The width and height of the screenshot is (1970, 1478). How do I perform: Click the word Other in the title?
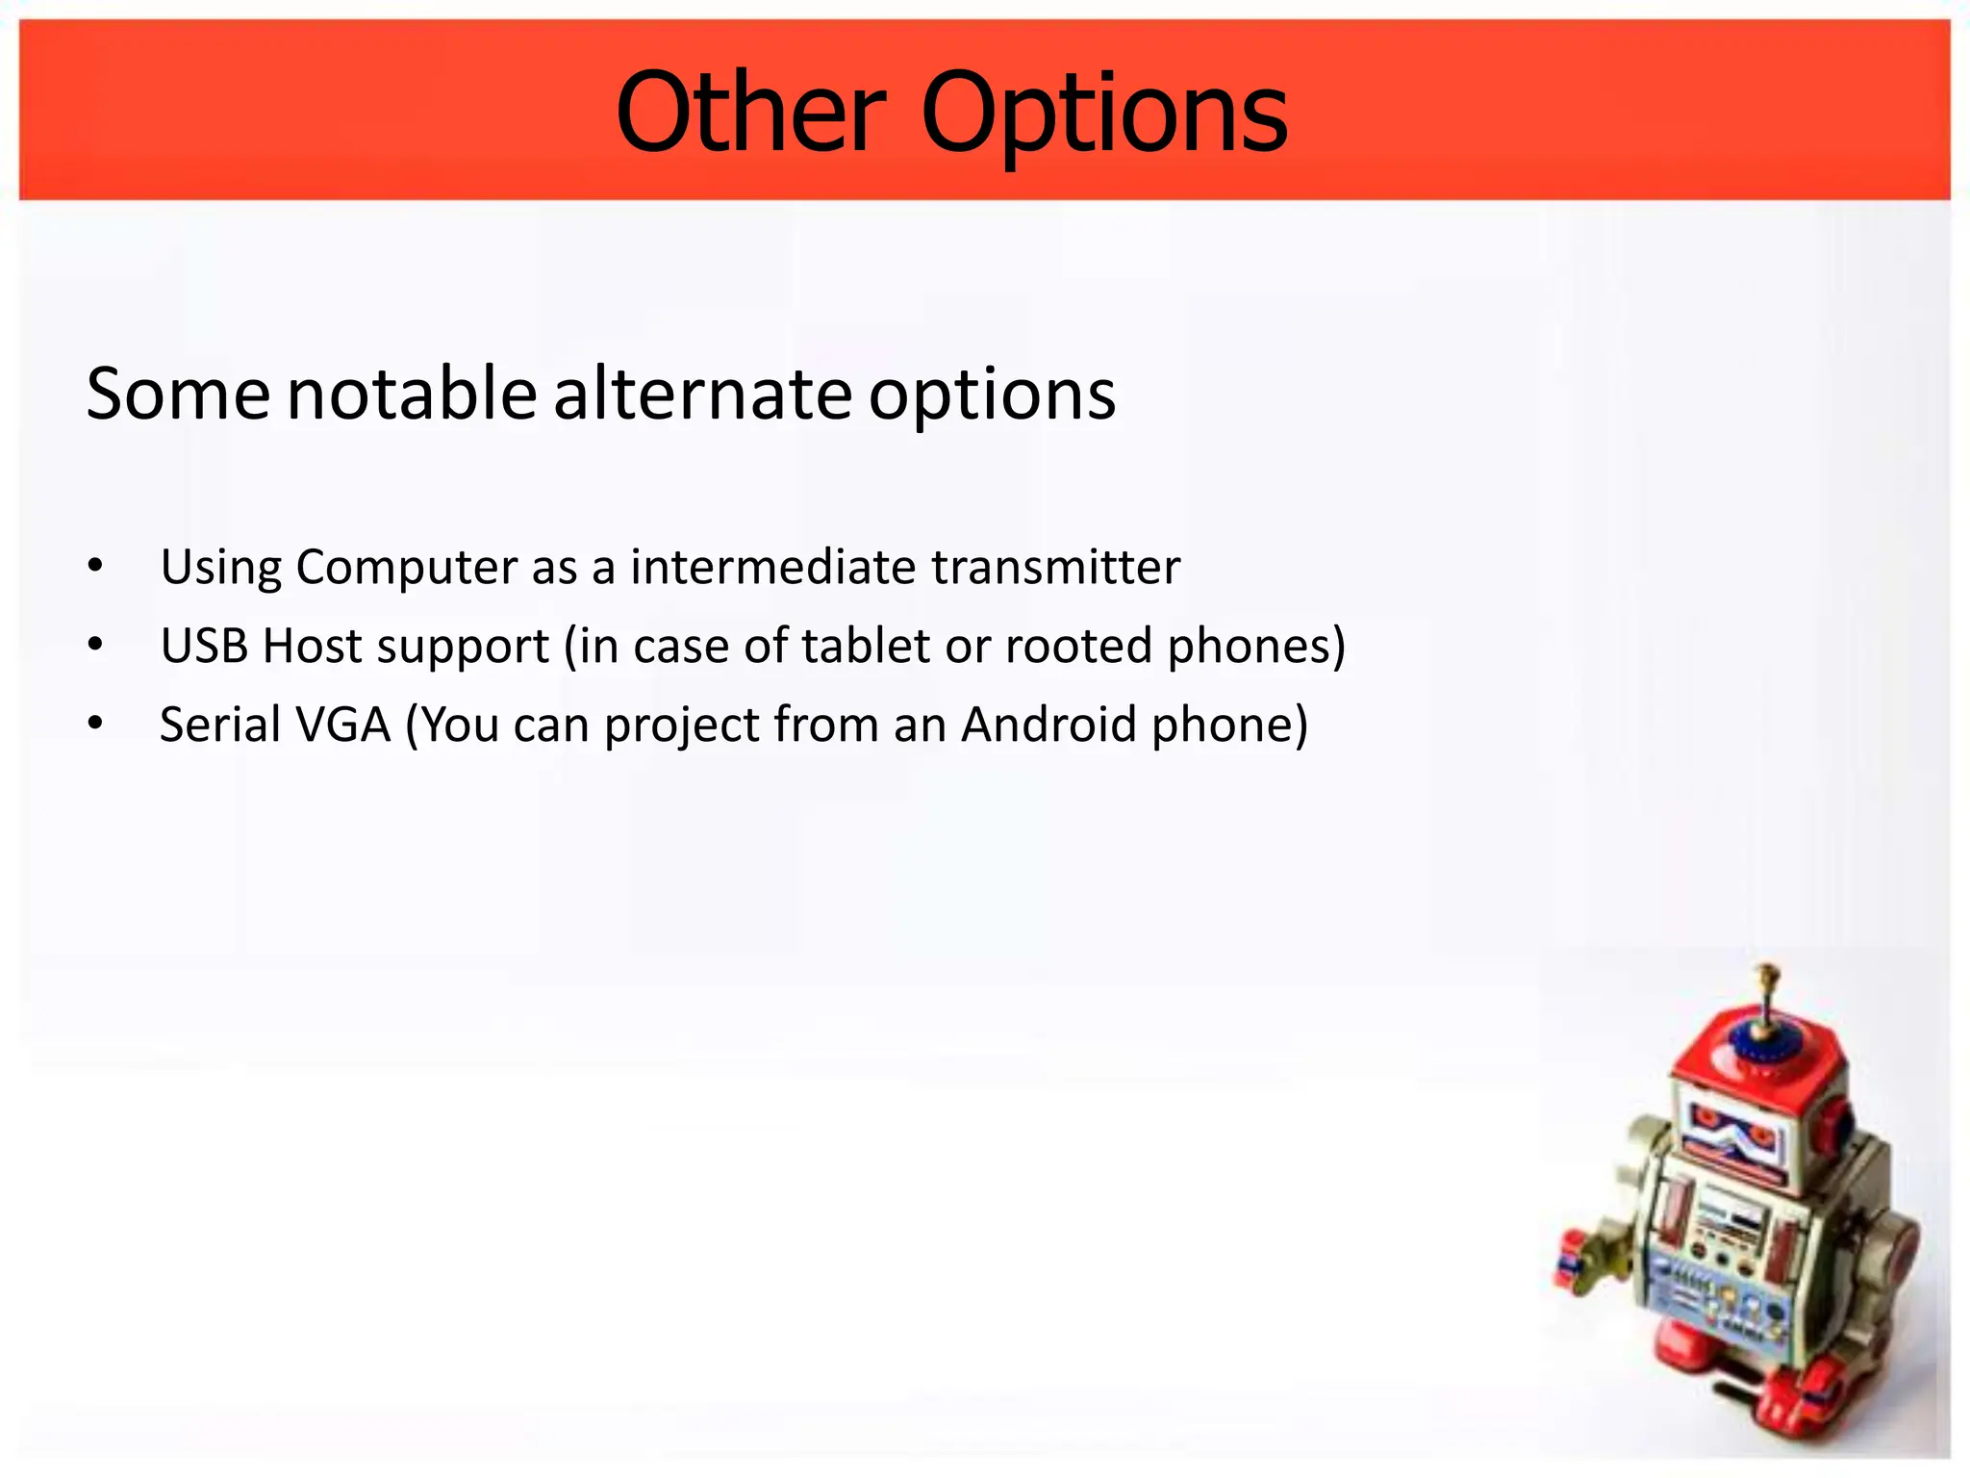tap(750, 114)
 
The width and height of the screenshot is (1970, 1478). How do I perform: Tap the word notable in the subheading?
tap(412, 394)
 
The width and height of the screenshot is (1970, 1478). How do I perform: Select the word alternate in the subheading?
tap(702, 394)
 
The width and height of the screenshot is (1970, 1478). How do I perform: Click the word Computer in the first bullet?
tap(406, 567)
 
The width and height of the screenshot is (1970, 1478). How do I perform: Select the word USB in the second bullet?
tap(204, 646)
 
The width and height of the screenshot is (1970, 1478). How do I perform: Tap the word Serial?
tap(219, 725)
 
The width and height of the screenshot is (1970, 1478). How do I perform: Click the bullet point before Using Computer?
tap(94, 567)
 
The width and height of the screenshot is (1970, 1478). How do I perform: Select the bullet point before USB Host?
tap(94, 646)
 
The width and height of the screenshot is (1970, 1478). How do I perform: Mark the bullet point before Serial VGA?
tap(94, 725)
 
